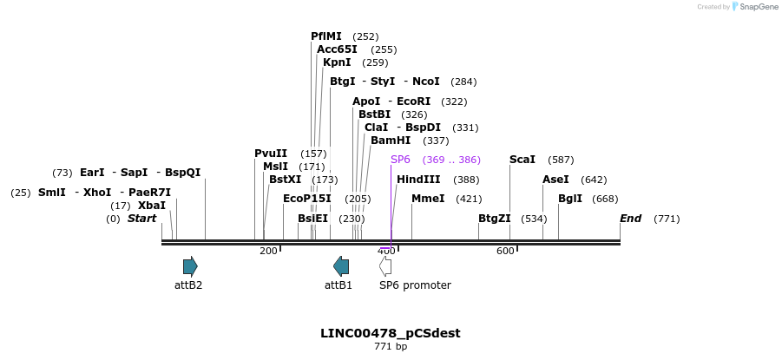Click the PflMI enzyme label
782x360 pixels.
pyautogui.click(x=326, y=36)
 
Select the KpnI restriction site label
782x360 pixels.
pyautogui.click(x=337, y=62)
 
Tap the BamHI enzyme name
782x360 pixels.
pyautogui.click(x=391, y=141)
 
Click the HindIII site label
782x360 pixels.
pyautogui.click(x=418, y=180)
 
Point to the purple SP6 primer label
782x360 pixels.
pyautogui.click(x=400, y=160)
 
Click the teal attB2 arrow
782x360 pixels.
pyautogui.click(x=190, y=266)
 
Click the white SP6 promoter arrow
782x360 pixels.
pyautogui.click(x=385, y=266)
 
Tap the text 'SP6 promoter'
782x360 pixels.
pyautogui.click(x=415, y=285)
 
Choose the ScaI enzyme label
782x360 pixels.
pyautogui.click(x=522, y=160)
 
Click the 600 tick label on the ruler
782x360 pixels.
pyautogui.click(x=505, y=251)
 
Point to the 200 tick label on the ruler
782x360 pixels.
pyautogui.click(x=268, y=251)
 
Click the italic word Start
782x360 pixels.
pyautogui.click(x=141, y=219)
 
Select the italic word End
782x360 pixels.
pyautogui.click(x=630, y=219)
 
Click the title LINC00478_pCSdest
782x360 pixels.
pyautogui.click(x=391, y=333)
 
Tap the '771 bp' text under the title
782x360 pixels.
pyautogui.click(x=391, y=347)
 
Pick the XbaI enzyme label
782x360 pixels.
pyautogui.click(x=152, y=206)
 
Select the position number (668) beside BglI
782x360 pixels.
pyautogui.click(x=605, y=199)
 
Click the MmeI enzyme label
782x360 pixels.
pyautogui.click(x=428, y=199)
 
